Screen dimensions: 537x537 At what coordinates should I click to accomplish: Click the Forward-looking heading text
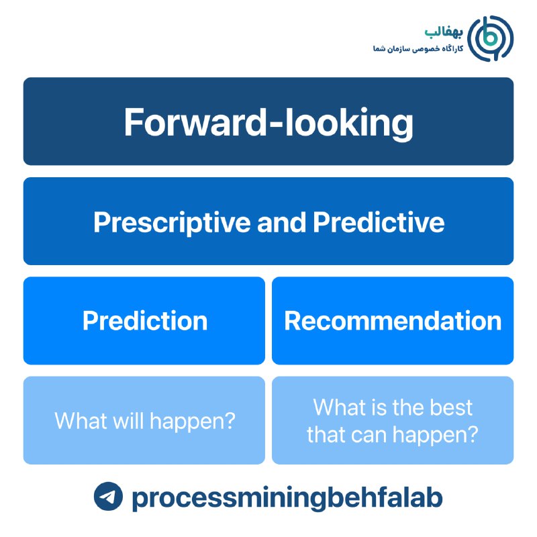(268, 123)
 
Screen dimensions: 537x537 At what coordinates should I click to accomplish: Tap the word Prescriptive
(173, 223)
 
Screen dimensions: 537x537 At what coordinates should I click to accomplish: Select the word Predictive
(379, 222)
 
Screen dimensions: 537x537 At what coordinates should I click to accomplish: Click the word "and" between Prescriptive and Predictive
(281, 222)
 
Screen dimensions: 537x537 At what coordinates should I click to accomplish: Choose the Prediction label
(145, 321)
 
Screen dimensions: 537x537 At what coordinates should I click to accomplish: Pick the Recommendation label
(393, 321)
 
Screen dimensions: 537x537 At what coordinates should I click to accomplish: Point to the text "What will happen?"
(145, 421)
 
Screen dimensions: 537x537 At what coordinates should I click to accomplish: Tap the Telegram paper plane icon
(108, 496)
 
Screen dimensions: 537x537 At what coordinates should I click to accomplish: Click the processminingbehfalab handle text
(287, 497)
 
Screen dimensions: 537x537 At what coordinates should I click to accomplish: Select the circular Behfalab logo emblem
(491, 38)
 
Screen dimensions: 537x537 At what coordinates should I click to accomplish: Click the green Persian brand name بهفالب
(444, 32)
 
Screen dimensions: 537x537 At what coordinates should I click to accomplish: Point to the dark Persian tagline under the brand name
(418, 48)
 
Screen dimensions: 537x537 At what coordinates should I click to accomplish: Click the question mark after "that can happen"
(472, 434)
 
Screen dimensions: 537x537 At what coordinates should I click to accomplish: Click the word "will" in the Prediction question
(128, 420)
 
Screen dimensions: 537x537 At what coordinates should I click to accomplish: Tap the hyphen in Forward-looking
(275, 124)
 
